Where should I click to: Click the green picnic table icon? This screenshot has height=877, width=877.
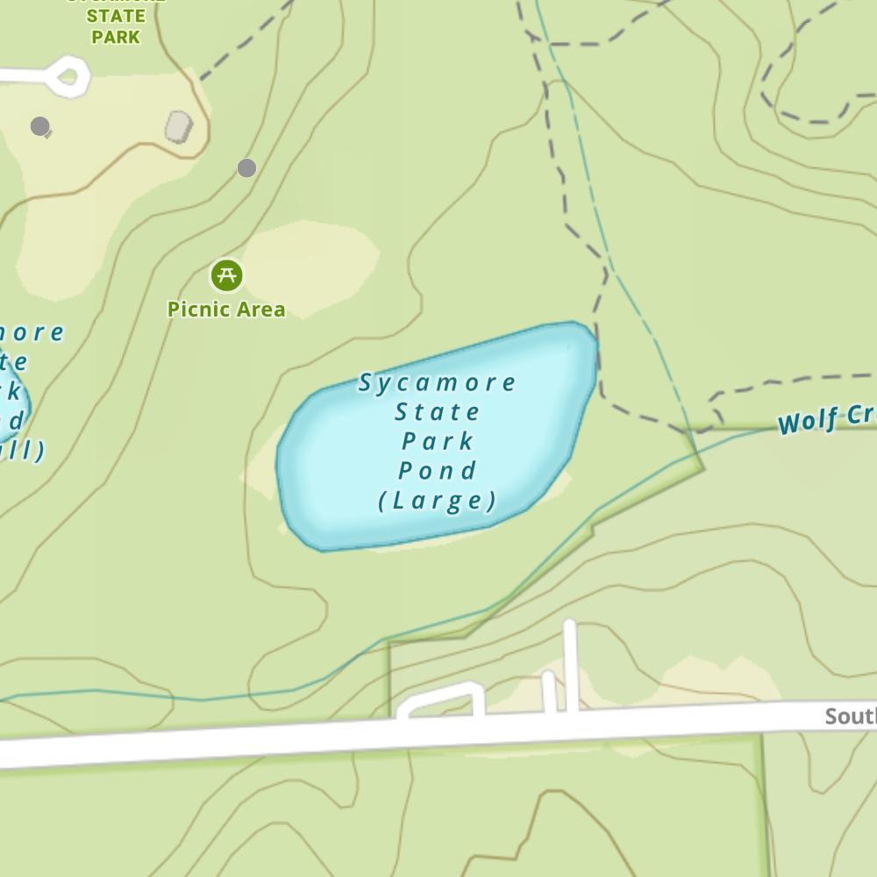[x=227, y=275]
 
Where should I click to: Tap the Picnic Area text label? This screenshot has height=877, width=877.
[x=226, y=310]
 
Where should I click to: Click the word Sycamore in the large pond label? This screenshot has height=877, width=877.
[x=438, y=383]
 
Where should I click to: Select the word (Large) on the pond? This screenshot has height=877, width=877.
[x=438, y=501]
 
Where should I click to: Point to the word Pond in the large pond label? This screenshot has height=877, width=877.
[x=438, y=471]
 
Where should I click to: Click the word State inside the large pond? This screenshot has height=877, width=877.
[x=438, y=412]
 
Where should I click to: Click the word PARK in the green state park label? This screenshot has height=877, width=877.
[x=116, y=37]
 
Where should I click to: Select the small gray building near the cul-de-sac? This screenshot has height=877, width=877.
[x=179, y=127]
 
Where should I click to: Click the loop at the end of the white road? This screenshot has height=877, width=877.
[x=68, y=76]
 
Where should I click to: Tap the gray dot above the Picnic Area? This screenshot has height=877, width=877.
[x=246, y=168]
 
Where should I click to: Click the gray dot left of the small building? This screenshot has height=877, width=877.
[x=39, y=126]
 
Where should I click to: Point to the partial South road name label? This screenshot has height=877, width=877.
[x=850, y=717]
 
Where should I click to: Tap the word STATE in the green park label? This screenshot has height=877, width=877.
[x=116, y=16]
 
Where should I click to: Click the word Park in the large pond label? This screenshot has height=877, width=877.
[x=438, y=441]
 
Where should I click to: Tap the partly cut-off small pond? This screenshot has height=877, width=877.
[x=12, y=408]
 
